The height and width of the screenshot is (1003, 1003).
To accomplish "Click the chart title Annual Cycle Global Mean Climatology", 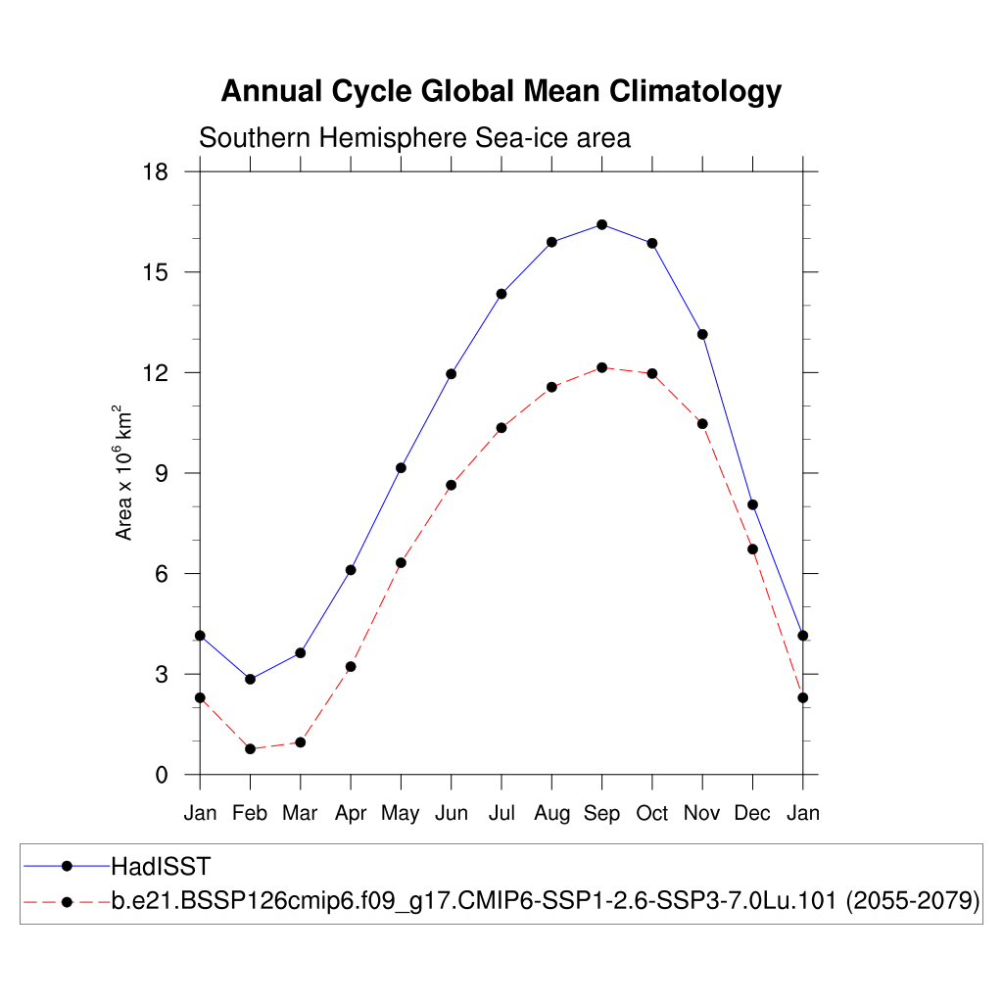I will (501, 91).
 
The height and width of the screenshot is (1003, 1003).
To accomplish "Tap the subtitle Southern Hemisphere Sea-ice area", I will (414, 138).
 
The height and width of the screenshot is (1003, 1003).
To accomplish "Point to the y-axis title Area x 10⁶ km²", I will (124, 472).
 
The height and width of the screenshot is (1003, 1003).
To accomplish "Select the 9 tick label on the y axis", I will (163, 474).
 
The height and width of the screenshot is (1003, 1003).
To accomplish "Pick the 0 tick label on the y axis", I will (163, 776).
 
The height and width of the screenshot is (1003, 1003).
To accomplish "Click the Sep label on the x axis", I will (601, 814).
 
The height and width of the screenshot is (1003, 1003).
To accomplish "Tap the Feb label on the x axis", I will (250, 814).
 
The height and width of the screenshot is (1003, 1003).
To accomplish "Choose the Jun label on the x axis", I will (451, 814).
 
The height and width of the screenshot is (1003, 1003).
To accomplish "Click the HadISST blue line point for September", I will (601, 224).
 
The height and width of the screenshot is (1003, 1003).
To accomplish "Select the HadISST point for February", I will (250, 679).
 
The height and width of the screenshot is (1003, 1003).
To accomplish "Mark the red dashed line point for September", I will (601, 367).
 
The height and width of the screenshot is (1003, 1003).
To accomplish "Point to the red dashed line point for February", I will (250, 748).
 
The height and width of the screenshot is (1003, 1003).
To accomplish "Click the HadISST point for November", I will (702, 334).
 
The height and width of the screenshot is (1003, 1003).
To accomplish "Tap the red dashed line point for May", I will (401, 562).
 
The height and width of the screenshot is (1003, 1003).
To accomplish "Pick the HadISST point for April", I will (351, 570).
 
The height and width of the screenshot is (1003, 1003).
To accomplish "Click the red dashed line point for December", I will (752, 549).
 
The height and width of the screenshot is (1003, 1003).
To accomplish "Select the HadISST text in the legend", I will (161, 866).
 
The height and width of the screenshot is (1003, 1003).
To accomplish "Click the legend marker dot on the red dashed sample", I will (67, 901).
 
